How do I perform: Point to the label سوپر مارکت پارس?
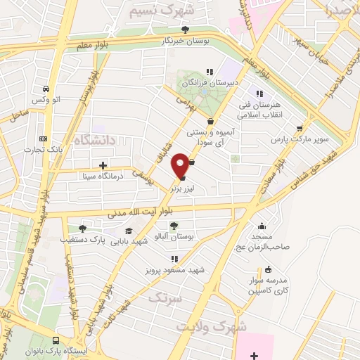(300, 139)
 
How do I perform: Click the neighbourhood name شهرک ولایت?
(211, 328)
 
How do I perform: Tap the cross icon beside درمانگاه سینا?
(103, 165)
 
